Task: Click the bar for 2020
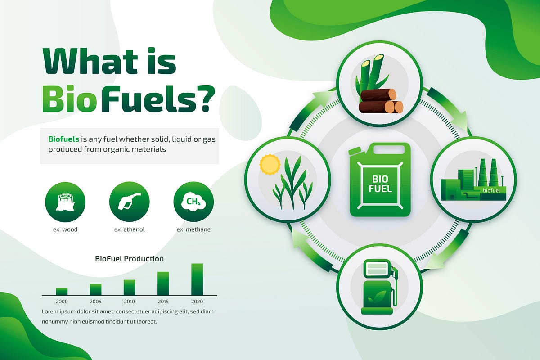point(197,279)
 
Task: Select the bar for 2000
point(62,292)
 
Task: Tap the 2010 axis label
point(129,301)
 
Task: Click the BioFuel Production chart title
point(129,259)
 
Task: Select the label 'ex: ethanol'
point(129,229)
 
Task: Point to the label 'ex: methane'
point(193,229)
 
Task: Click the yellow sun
point(270,165)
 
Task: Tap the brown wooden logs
point(381,101)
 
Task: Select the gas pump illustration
point(379,288)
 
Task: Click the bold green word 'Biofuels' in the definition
point(63,139)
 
